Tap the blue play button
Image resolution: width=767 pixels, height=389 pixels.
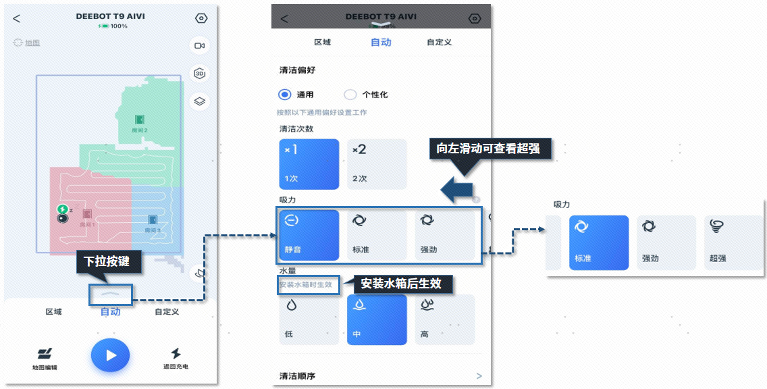tap(111, 355)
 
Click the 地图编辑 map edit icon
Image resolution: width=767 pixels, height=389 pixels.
tap(45, 354)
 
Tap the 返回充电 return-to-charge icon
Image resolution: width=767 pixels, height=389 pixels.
tap(176, 353)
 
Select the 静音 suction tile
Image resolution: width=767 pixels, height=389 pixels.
tap(309, 234)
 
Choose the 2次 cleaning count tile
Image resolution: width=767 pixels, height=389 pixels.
tap(377, 164)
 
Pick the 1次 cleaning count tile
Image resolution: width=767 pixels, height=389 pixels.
tap(309, 164)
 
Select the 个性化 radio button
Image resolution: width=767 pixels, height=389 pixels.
tap(350, 95)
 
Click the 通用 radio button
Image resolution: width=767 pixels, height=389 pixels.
tap(285, 95)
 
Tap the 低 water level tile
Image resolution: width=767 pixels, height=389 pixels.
tap(309, 320)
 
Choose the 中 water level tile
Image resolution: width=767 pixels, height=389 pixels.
tap(377, 320)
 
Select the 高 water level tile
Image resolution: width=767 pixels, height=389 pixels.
tap(444, 320)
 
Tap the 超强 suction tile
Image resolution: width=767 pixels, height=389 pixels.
tap(733, 242)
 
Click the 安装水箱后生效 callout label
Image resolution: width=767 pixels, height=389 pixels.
tap(401, 284)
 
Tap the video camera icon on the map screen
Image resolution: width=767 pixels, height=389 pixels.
tap(199, 45)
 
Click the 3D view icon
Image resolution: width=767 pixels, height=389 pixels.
tap(199, 74)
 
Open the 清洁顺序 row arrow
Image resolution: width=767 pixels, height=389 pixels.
tap(479, 376)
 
